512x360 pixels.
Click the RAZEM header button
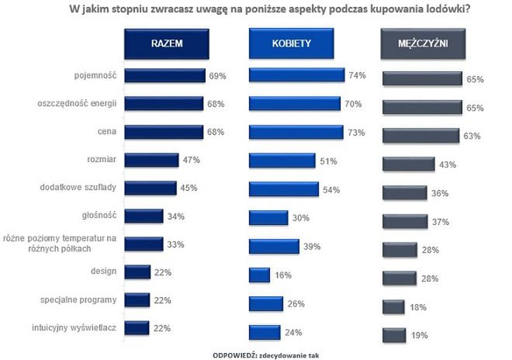[x=166, y=44]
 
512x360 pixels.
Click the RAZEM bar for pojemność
[x=165, y=75]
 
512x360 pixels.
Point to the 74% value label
[x=358, y=75]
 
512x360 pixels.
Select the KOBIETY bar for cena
[x=296, y=132]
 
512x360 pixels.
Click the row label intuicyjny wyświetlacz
[x=77, y=327]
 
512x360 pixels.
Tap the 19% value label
[x=420, y=336]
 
